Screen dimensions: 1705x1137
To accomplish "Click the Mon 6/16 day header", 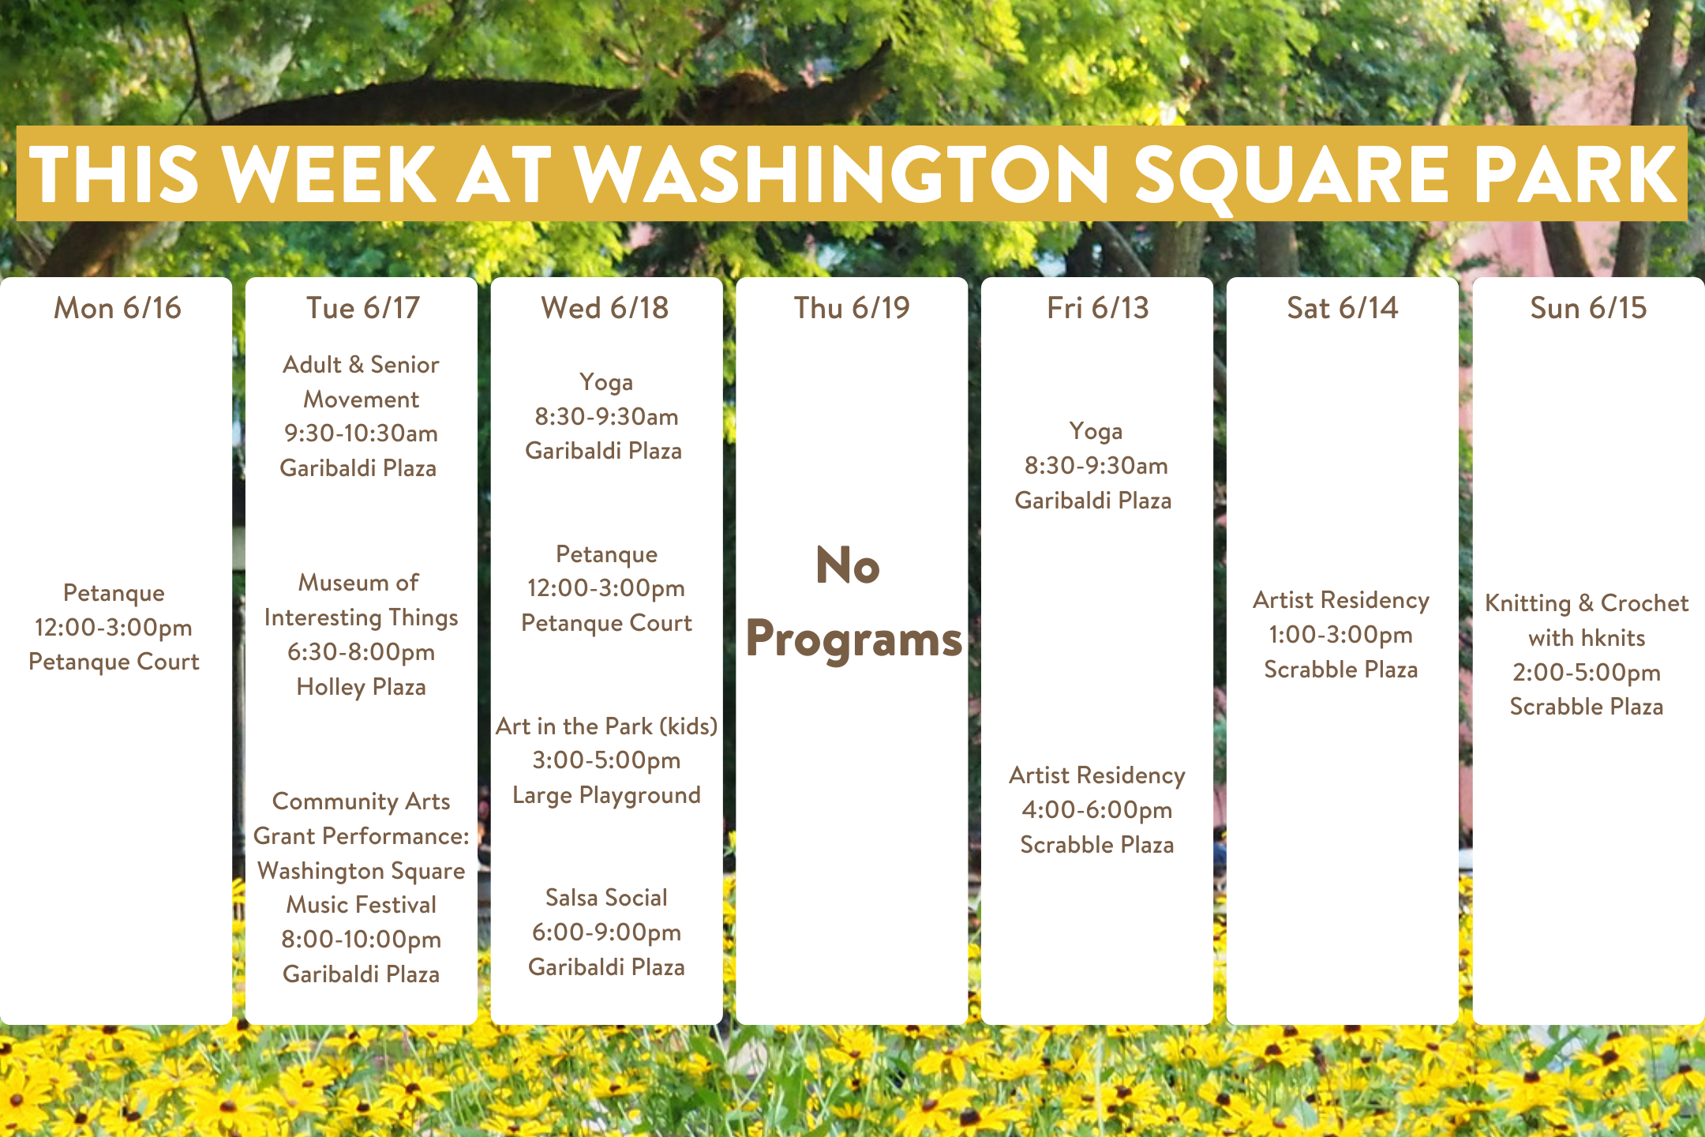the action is (118, 308).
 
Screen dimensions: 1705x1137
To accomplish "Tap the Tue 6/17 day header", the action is (363, 308).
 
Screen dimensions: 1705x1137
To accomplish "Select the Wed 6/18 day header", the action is (605, 308).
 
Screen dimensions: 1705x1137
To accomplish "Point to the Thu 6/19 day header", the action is (852, 308).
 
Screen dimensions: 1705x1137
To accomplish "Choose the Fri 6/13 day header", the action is (1098, 308).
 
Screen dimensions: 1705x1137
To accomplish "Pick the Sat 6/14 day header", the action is (1343, 308).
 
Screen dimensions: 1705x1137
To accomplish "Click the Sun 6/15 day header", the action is (1588, 308).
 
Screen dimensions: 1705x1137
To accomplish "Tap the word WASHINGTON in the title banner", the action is (841, 174).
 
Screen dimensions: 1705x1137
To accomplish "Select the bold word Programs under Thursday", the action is (854, 639).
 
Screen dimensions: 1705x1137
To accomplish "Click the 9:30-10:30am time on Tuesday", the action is (361, 433).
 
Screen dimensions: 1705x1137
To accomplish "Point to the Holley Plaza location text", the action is (361, 687).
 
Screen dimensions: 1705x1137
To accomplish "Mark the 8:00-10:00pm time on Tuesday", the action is (361, 940).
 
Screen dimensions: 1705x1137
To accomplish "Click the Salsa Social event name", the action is (606, 898).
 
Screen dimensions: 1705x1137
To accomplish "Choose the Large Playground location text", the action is (606, 795).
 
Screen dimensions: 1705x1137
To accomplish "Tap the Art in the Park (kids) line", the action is (606, 726).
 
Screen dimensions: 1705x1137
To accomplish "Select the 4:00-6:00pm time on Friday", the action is (1097, 810).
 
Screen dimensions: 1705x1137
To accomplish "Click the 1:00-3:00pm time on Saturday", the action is (1341, 635).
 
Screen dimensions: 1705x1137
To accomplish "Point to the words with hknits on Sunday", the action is (1587, 638).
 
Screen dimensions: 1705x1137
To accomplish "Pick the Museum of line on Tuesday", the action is (358, 583).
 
